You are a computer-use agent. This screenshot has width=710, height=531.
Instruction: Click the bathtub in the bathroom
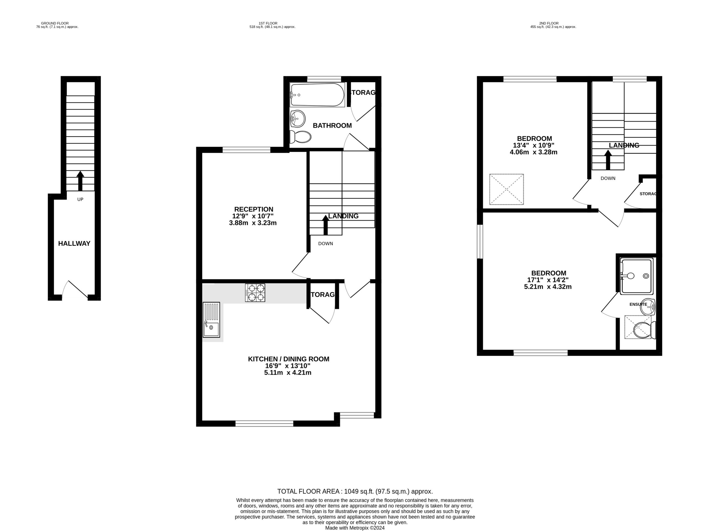[317, 95]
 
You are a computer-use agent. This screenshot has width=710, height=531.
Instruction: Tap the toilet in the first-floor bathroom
[300, 137]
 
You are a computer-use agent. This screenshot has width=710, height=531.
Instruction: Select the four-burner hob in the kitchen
[255, 292]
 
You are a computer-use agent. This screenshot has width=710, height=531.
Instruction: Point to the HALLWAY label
[74, 243]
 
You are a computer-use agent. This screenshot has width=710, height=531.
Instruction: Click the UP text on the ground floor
[80, 200]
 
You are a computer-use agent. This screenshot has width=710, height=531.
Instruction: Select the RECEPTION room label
[253, 209]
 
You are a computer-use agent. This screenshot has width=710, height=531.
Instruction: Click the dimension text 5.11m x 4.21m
[288, 372]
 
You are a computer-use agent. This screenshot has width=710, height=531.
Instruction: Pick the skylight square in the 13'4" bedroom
[506, 189]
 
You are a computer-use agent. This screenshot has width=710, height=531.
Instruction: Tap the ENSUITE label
[638, 304]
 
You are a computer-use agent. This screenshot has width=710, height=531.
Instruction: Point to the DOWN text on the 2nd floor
[608, 178]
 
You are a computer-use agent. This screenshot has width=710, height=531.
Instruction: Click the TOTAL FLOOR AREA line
[355, 491]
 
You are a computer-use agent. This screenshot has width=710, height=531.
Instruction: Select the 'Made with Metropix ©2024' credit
[355, 528]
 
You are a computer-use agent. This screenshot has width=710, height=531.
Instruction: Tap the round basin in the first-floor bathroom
[298, 119]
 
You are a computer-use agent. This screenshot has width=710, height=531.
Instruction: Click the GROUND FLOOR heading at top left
[55, 23]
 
